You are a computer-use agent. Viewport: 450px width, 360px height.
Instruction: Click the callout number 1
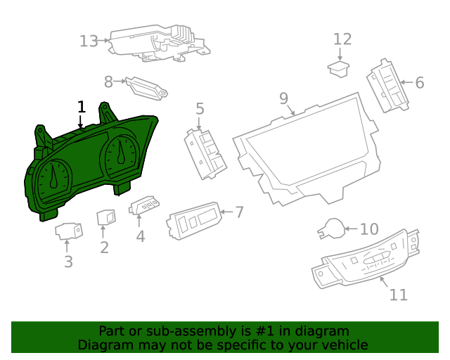(82, 107)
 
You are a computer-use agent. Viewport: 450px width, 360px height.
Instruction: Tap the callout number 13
(89, 41)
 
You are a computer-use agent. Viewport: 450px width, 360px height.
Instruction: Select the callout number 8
(108, 82)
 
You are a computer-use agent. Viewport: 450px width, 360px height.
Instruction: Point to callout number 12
(342, 39)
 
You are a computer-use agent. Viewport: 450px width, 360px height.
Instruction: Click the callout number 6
(420, 83)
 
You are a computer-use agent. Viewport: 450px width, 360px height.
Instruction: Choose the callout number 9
(283, 98)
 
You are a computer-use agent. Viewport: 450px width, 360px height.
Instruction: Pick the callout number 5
(200, 108)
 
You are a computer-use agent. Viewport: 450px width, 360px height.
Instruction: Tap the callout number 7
(239, 212)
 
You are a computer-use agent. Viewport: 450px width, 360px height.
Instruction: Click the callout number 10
(369, 229)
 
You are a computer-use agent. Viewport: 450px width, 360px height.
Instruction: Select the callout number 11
(398, 295)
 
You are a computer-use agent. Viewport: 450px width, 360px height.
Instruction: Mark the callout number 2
(104, 247)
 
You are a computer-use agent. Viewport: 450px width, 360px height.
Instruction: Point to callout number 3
(68, 262)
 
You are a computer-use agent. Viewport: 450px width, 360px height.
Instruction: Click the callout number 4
(141, 237)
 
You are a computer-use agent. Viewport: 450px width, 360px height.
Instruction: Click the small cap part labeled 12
(340, 67)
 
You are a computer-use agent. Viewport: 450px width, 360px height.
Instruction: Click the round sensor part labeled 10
(330, 229)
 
